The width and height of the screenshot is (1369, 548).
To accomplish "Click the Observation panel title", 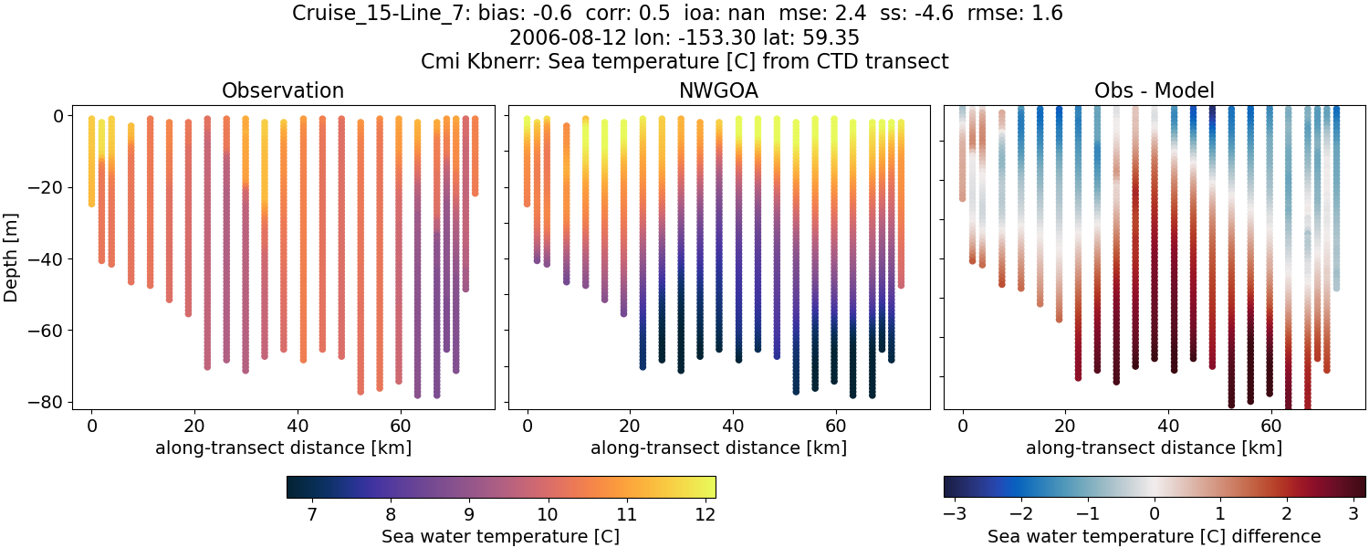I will pyautogui.click(x=283, y=90).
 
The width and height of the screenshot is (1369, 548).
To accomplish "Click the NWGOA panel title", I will pyautogui.click(x=718, y=90).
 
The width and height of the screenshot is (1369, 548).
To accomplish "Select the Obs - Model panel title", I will pyautogui.click(x=1154, y=90).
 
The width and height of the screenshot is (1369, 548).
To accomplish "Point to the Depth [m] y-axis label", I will pyautogui.click(x=16, y=258).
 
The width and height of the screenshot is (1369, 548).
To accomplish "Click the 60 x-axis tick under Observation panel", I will pyautogui.click(x=399, y=426).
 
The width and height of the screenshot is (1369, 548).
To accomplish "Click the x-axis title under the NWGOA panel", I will pyautogui.click(x=718, y=448).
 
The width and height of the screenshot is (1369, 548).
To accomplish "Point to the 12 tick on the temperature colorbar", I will pyautogui.click(x=703, y=514).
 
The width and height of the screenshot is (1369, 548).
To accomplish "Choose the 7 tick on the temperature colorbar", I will pyautogui.click(x=312, y=514).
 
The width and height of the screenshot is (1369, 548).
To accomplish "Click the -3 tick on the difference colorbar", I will pyautogui.click(x=955, y=514).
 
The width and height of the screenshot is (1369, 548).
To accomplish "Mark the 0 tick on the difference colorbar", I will pyautogui.click(x=1155, y=514).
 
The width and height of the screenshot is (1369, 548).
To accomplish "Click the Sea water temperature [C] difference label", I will pyautogui.click(x=1154, y=536).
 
